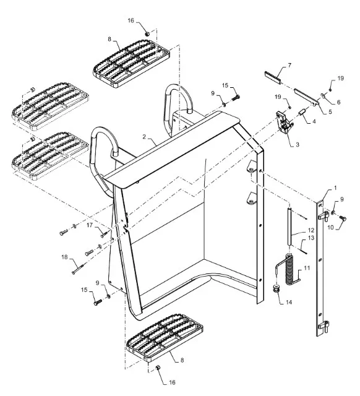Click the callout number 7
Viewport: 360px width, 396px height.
[289, 66]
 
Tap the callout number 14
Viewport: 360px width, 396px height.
[289, 302]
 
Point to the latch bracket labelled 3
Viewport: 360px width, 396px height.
[285, 122]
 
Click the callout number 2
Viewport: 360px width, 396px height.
[144, 137]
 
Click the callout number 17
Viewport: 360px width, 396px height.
[90, 225]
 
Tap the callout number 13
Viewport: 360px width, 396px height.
[311, 238]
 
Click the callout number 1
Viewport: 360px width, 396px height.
[335, 188]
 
